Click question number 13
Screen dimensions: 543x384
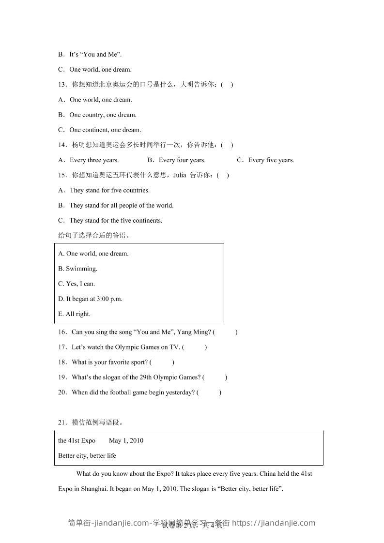coord(62,85)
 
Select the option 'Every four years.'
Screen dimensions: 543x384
coord(182,160)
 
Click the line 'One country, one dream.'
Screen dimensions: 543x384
coord(103,115)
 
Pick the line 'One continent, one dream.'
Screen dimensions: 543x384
coord(105,130)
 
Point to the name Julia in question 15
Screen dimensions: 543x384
coord(180,175)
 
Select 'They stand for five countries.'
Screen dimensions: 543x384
coord(109,190)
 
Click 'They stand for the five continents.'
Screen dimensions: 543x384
coord(116,220)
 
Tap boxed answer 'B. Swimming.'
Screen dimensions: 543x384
coord(77,269)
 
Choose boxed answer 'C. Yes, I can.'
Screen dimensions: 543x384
coord(77,284)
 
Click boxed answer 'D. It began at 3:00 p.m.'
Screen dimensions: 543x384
coord(90,299)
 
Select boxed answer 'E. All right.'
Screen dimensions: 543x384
coord(74,314)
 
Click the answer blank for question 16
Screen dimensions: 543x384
coord(225,332)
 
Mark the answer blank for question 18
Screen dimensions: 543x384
coord(162,362)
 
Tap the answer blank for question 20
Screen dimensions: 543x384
coord(209,392)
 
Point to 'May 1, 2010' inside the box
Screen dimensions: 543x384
coord(126,440)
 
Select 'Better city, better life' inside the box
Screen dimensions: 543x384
coord(87,455)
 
